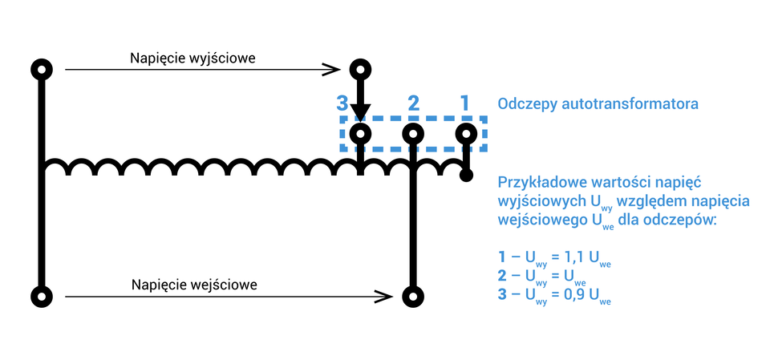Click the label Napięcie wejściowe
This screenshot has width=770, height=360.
pyautogui.click(x=188, y=285)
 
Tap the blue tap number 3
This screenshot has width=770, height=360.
pyautogui.click(x=342, y=103)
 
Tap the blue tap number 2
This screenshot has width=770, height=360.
pyautogui.click(x=413, y=103)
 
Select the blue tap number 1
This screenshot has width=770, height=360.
pyautogui.click(x=464, y=103)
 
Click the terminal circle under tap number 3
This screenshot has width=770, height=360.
pyautogui.click(x=361, y=133)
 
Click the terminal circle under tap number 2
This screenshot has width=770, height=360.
pyautogui.click(x=412, y=133)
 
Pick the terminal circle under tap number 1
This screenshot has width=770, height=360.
pyautogui.click(x=464, y=133)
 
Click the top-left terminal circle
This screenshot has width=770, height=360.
pyautogui.click(x=42, y=70)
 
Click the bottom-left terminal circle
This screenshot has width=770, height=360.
pyautogui.click(x=42, y=296)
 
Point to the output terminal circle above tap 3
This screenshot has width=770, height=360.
pyautogui.click(x=361, y=70)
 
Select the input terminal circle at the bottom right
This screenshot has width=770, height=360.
pyautogui.click(x=412, y=296)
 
